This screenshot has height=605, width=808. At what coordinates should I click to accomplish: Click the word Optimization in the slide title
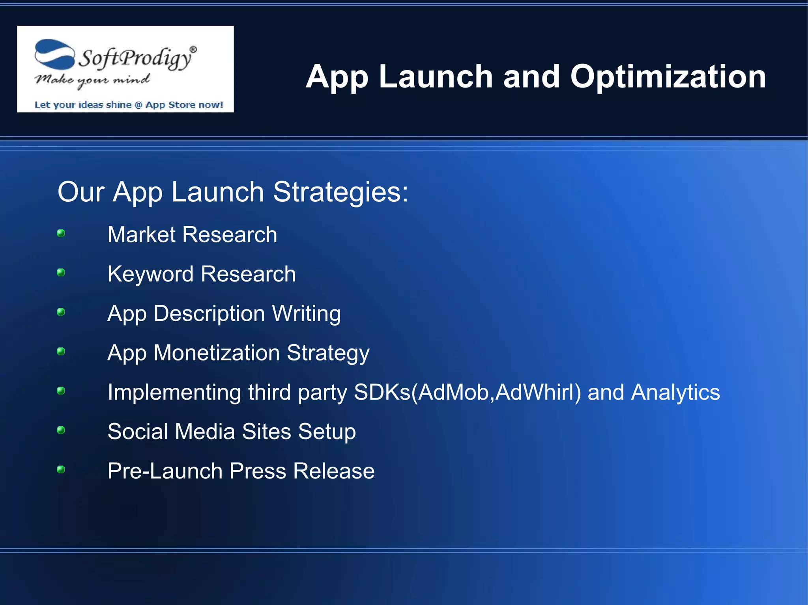668,77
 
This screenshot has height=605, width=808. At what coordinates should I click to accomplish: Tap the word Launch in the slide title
436,77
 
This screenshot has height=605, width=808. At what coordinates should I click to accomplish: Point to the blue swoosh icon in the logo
54,54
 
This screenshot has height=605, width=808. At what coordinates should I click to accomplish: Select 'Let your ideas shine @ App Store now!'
129,105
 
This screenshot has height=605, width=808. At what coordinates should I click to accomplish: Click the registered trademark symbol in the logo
193,49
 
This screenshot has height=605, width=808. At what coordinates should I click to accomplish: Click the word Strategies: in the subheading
340,192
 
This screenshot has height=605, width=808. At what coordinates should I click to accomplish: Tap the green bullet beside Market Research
61,233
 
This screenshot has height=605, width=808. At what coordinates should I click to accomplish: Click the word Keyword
151,274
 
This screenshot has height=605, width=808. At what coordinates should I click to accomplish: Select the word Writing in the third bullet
306,314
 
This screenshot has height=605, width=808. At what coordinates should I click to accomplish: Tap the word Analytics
675,393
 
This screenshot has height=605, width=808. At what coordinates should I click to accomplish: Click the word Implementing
174,393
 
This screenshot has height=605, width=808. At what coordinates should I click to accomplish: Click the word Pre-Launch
165,471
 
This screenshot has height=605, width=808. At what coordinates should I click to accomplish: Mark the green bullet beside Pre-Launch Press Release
61,469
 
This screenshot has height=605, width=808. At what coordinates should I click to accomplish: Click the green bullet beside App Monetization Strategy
61,351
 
